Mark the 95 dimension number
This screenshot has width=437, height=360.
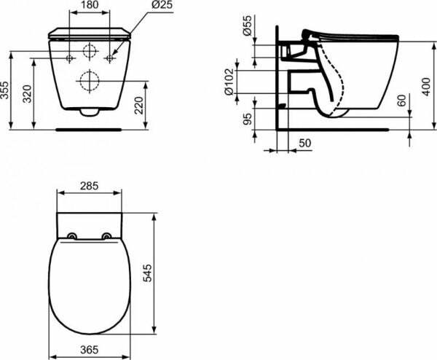(247, 117)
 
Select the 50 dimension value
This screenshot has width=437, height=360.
(304, 144)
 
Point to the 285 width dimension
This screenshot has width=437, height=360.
(88, 187)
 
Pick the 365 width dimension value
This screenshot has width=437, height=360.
(88, 351)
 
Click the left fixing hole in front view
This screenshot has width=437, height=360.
(69, 56)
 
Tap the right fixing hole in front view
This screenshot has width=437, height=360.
(109, 56)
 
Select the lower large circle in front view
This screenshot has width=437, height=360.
(90, 79)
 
